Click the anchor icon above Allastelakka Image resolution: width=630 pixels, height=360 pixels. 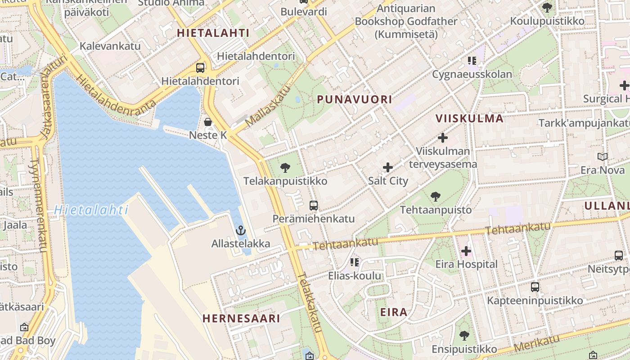click(x=241, y=231)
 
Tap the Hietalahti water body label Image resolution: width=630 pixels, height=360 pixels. click(x=91, y=210)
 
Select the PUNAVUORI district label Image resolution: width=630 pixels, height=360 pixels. click(x=355, y=99)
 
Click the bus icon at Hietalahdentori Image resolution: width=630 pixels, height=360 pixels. click(x=200, y=68)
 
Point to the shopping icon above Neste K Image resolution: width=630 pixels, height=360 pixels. click(x=208, y=122)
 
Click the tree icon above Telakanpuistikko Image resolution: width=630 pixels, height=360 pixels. click(x=285, y=168)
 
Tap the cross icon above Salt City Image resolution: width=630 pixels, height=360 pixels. click(x=388, y=168)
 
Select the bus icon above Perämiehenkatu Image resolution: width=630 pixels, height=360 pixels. click(x=314, y=206)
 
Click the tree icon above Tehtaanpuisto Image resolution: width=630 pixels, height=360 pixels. click(x=435, y=197)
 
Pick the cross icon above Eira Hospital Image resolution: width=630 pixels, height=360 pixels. click(x=466, y=251)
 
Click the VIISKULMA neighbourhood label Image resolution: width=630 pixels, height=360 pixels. click(x=469, y=118)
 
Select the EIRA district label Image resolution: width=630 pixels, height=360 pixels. click(x=394, y=312)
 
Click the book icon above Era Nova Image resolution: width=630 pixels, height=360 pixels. click(x=603, y=157)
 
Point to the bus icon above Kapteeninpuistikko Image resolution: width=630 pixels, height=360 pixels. click(x=535, y=287)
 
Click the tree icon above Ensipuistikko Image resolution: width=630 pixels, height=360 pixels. click(x=464, y=336)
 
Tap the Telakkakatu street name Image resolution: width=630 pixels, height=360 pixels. click(x=310, y=302)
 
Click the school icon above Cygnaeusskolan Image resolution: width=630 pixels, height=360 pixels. click(x=472, y=61)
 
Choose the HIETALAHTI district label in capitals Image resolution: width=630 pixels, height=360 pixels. click(x=213, y=32)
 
